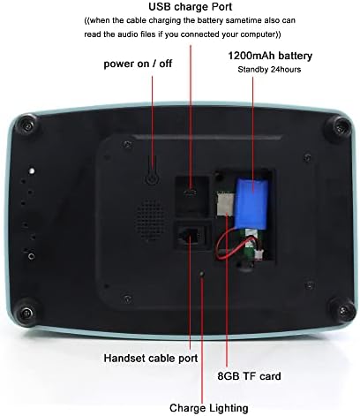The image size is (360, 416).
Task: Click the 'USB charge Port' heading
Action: tap(191, 6)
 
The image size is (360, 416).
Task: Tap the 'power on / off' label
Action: tap(138, 64)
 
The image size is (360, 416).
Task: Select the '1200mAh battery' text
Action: tap(270, 56)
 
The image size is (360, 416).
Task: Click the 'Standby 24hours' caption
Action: tap(269, 70)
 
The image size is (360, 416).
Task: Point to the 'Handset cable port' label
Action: tap(151, 359)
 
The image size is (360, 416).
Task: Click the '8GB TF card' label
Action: tap(249, 376)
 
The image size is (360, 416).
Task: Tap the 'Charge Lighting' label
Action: tap(209, 408)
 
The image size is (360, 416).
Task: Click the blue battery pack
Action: tap(251, 203)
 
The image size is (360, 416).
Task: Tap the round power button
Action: tap(152, 178)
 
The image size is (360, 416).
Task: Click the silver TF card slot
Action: tap(225, 204)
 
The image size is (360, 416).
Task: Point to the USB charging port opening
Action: tap(191, 193)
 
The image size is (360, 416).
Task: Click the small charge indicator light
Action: tap(202, 274)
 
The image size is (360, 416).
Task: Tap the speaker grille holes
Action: tap(151, 220)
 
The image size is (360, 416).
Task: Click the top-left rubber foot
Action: tap(27, 125)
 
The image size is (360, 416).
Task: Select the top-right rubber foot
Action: tap(339, 127)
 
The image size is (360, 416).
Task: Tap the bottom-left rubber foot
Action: tap(26, 312)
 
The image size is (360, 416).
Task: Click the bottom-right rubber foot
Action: tap(342, 309)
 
